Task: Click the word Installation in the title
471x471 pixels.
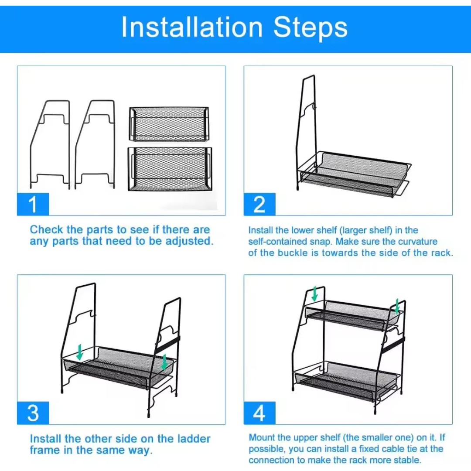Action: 192,27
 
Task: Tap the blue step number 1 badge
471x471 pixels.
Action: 33,204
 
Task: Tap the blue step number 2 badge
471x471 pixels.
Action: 259,204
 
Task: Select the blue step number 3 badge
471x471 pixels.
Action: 33,413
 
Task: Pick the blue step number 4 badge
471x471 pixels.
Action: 259,413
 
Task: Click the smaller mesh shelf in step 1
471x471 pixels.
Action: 169,124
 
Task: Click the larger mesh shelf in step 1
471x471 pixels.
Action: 170,169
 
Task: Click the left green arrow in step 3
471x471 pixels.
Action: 80,352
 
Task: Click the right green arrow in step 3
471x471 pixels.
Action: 164,362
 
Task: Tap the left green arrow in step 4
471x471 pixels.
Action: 314,294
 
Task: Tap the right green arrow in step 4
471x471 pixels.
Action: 397,306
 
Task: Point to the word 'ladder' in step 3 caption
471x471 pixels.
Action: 194,439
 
